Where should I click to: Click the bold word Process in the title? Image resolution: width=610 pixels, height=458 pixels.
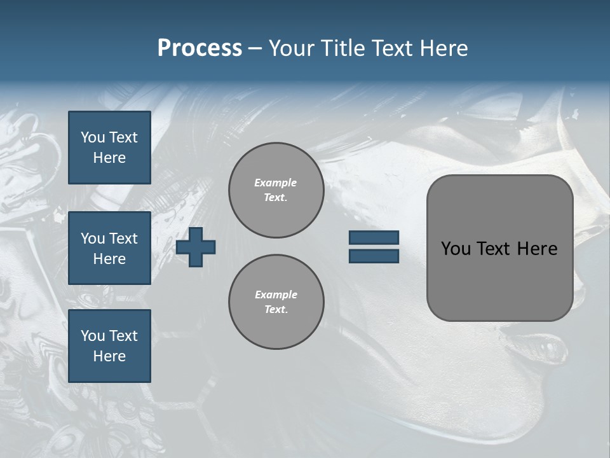coord(200,48)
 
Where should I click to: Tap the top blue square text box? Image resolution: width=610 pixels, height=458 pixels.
coord(109,148)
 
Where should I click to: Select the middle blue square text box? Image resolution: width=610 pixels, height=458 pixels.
coord(109,248)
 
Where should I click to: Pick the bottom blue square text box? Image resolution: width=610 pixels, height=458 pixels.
coord(109,346)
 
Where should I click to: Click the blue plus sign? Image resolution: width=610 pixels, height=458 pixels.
coord(196,247)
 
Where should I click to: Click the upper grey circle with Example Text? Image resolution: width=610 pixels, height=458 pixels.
coord(276,190)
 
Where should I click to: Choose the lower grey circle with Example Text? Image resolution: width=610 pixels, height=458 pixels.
coord(276,302)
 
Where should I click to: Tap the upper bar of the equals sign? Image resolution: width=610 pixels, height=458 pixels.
coord(374,238)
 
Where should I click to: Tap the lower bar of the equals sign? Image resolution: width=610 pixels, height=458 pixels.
coord(374,256)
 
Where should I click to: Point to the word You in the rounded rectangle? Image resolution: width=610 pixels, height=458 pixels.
coord(456,249)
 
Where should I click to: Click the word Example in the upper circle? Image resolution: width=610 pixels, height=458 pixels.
coord(276,183)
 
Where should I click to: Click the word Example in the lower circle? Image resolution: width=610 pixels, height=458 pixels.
coord(276,295)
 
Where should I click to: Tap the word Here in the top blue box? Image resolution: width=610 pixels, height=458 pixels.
coord(109,158)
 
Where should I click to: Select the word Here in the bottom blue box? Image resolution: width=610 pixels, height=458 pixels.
coord(109,356)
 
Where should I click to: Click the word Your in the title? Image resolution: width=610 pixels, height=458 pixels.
coord(290,48)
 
